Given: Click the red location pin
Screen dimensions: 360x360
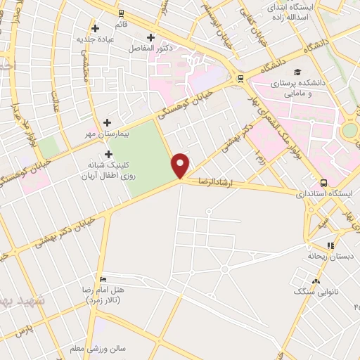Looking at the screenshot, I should click(181, 165).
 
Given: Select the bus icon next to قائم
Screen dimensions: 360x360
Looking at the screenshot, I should click(121, 13).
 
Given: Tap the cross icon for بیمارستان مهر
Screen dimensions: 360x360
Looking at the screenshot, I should click(108, 122).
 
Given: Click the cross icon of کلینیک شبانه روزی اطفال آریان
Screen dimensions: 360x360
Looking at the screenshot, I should click(108, 154).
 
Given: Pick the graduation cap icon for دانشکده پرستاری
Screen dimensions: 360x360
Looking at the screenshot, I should click(298, 72).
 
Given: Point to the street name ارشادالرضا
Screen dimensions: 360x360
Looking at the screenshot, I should click(219, 181).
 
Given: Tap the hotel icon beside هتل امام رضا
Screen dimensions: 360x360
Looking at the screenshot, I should click(103, 278).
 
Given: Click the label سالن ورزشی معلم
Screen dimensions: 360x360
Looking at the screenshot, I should click(97, 348).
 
